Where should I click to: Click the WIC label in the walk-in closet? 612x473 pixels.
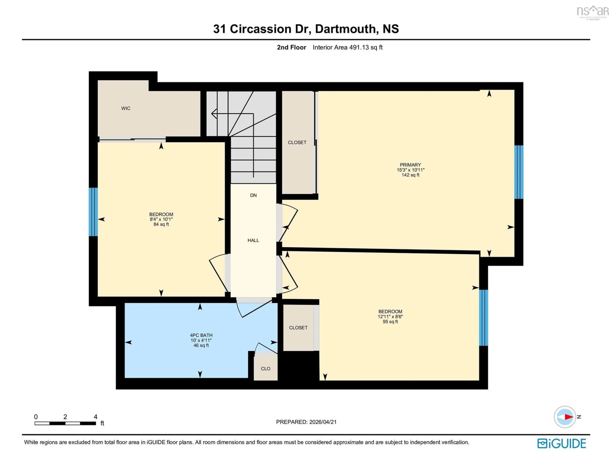pyautogui.click(x=126, y=108)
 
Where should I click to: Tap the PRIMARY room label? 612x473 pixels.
pyautogui.click(x=410, y=165)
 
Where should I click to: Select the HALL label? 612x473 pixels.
pyautogui.click(x=253, y=240)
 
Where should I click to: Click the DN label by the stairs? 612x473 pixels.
pyautogui.click(x=253, y=195)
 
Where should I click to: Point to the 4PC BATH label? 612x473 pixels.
pyautogui.click(x=201, y=335)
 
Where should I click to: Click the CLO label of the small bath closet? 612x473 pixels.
pyautogui.click(x=265, y=368)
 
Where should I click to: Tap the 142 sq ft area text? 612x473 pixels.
pyautogui.click(x=410, y=175)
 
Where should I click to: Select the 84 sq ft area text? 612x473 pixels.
pyautogui.click(x=161, y=224)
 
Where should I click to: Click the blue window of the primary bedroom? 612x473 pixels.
pyautogui.click(x=519, y=172)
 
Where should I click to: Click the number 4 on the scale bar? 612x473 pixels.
pyautogui.click(x=96, y=417)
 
